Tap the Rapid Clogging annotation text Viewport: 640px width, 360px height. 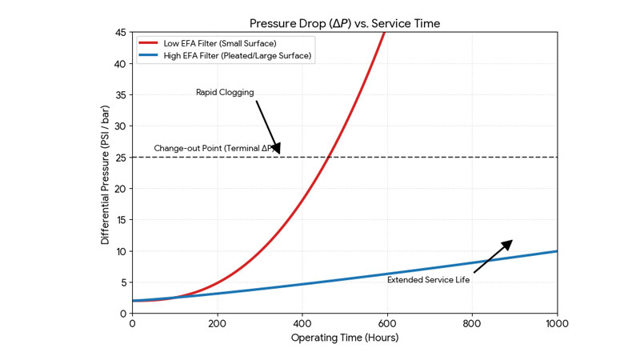point(225,93)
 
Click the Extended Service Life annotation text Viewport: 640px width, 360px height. point(429,280)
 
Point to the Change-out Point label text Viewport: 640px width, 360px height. point(213,149)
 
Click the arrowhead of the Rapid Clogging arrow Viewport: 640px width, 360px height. point(277,148)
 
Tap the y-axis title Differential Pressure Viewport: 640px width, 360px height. point(106,173)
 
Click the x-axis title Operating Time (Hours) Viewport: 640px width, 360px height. point(344,338)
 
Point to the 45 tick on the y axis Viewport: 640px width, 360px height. point(121,33)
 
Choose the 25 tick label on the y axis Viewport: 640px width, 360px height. point(121,158)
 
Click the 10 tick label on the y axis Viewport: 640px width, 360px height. point(121,251)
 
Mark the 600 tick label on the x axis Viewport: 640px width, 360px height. point(387,323)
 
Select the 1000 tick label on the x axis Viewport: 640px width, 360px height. point(557,323)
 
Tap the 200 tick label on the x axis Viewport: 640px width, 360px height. point(217,323)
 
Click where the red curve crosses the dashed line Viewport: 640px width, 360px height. point(328,157)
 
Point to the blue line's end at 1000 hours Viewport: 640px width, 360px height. point(556,251)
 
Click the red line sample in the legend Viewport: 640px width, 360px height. point(150,42)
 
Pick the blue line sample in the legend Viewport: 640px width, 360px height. point(150,55)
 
